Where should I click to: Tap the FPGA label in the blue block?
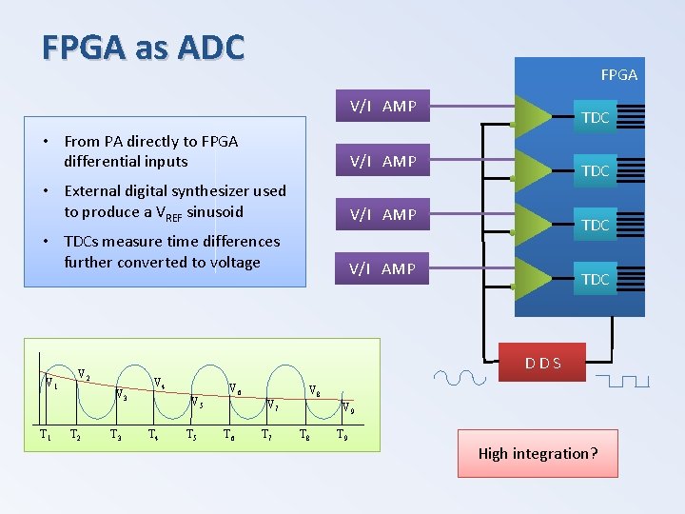pyautogui.click(x=618, y=74)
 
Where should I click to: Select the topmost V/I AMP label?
pyautogui.click(x=382, y=107)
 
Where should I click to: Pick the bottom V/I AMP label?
pyautogui.click(x=382, y=269)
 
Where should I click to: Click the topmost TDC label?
pyautogui.click(x=595, y=118)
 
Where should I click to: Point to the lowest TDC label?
pyautogui.click(x=595, y=280)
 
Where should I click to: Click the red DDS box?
pyautogui.click(x=543, y=363)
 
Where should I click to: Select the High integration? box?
pyautogui.click(x=538, y=453)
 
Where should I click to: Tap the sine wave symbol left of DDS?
pyautogui.click(x=459, y=378)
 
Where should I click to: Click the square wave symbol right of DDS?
pyautogui.click(x=624, y=381)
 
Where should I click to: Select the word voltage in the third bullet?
pyautogui.click(x=226, y=263)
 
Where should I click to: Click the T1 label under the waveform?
pyautogui.click(x=45, y=436)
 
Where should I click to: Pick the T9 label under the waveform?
pyautogui.click(x=342, y=436)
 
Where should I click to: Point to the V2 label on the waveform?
pyautogui.click(x=84, y=374)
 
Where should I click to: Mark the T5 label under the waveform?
pyautogui.click(x=191, y=436)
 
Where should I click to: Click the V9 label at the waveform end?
pyautogui.click(x=349, y=410)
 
